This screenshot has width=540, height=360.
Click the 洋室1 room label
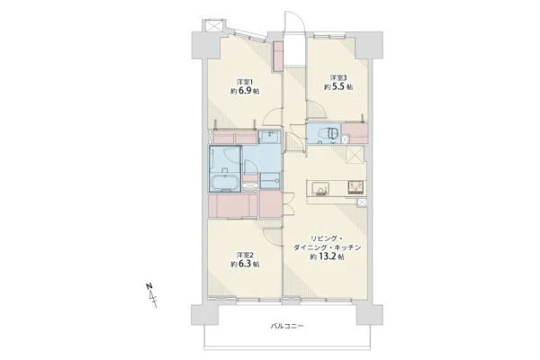click(245, 82)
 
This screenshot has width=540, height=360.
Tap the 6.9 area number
click(244, 91)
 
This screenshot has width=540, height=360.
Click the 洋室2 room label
click(245, 255)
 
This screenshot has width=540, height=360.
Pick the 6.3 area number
click(244, 265)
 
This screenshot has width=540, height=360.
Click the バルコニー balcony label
click(287, 326)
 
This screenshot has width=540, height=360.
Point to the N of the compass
click(148, 286)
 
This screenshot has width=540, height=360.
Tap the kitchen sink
click(320, 189)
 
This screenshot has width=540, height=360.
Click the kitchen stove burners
click(355, 188)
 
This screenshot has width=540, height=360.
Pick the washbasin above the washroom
click(270, 137)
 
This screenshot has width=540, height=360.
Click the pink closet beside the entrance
click(277, 57)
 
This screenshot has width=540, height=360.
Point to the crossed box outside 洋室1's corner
click(211, 26)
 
